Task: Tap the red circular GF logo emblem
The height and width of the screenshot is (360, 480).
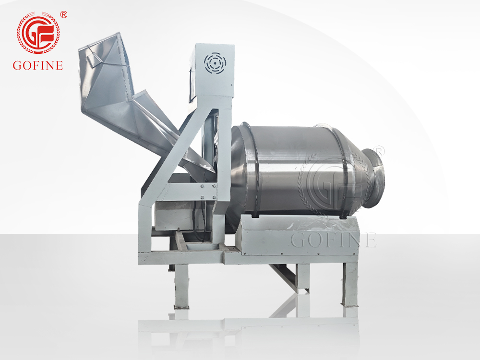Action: tap(38, 33)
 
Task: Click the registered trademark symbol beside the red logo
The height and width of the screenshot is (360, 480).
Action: tap(64, 15)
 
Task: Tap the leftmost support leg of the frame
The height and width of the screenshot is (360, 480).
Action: tap(181, 286)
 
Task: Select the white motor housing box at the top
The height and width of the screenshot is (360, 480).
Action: tap(214, 70)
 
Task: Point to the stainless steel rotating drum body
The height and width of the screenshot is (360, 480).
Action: tap(298, 168)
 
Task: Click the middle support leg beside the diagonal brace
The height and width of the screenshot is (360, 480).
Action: tap(302, 278)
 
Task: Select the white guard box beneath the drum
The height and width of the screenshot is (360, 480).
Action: tap(298, 235)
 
